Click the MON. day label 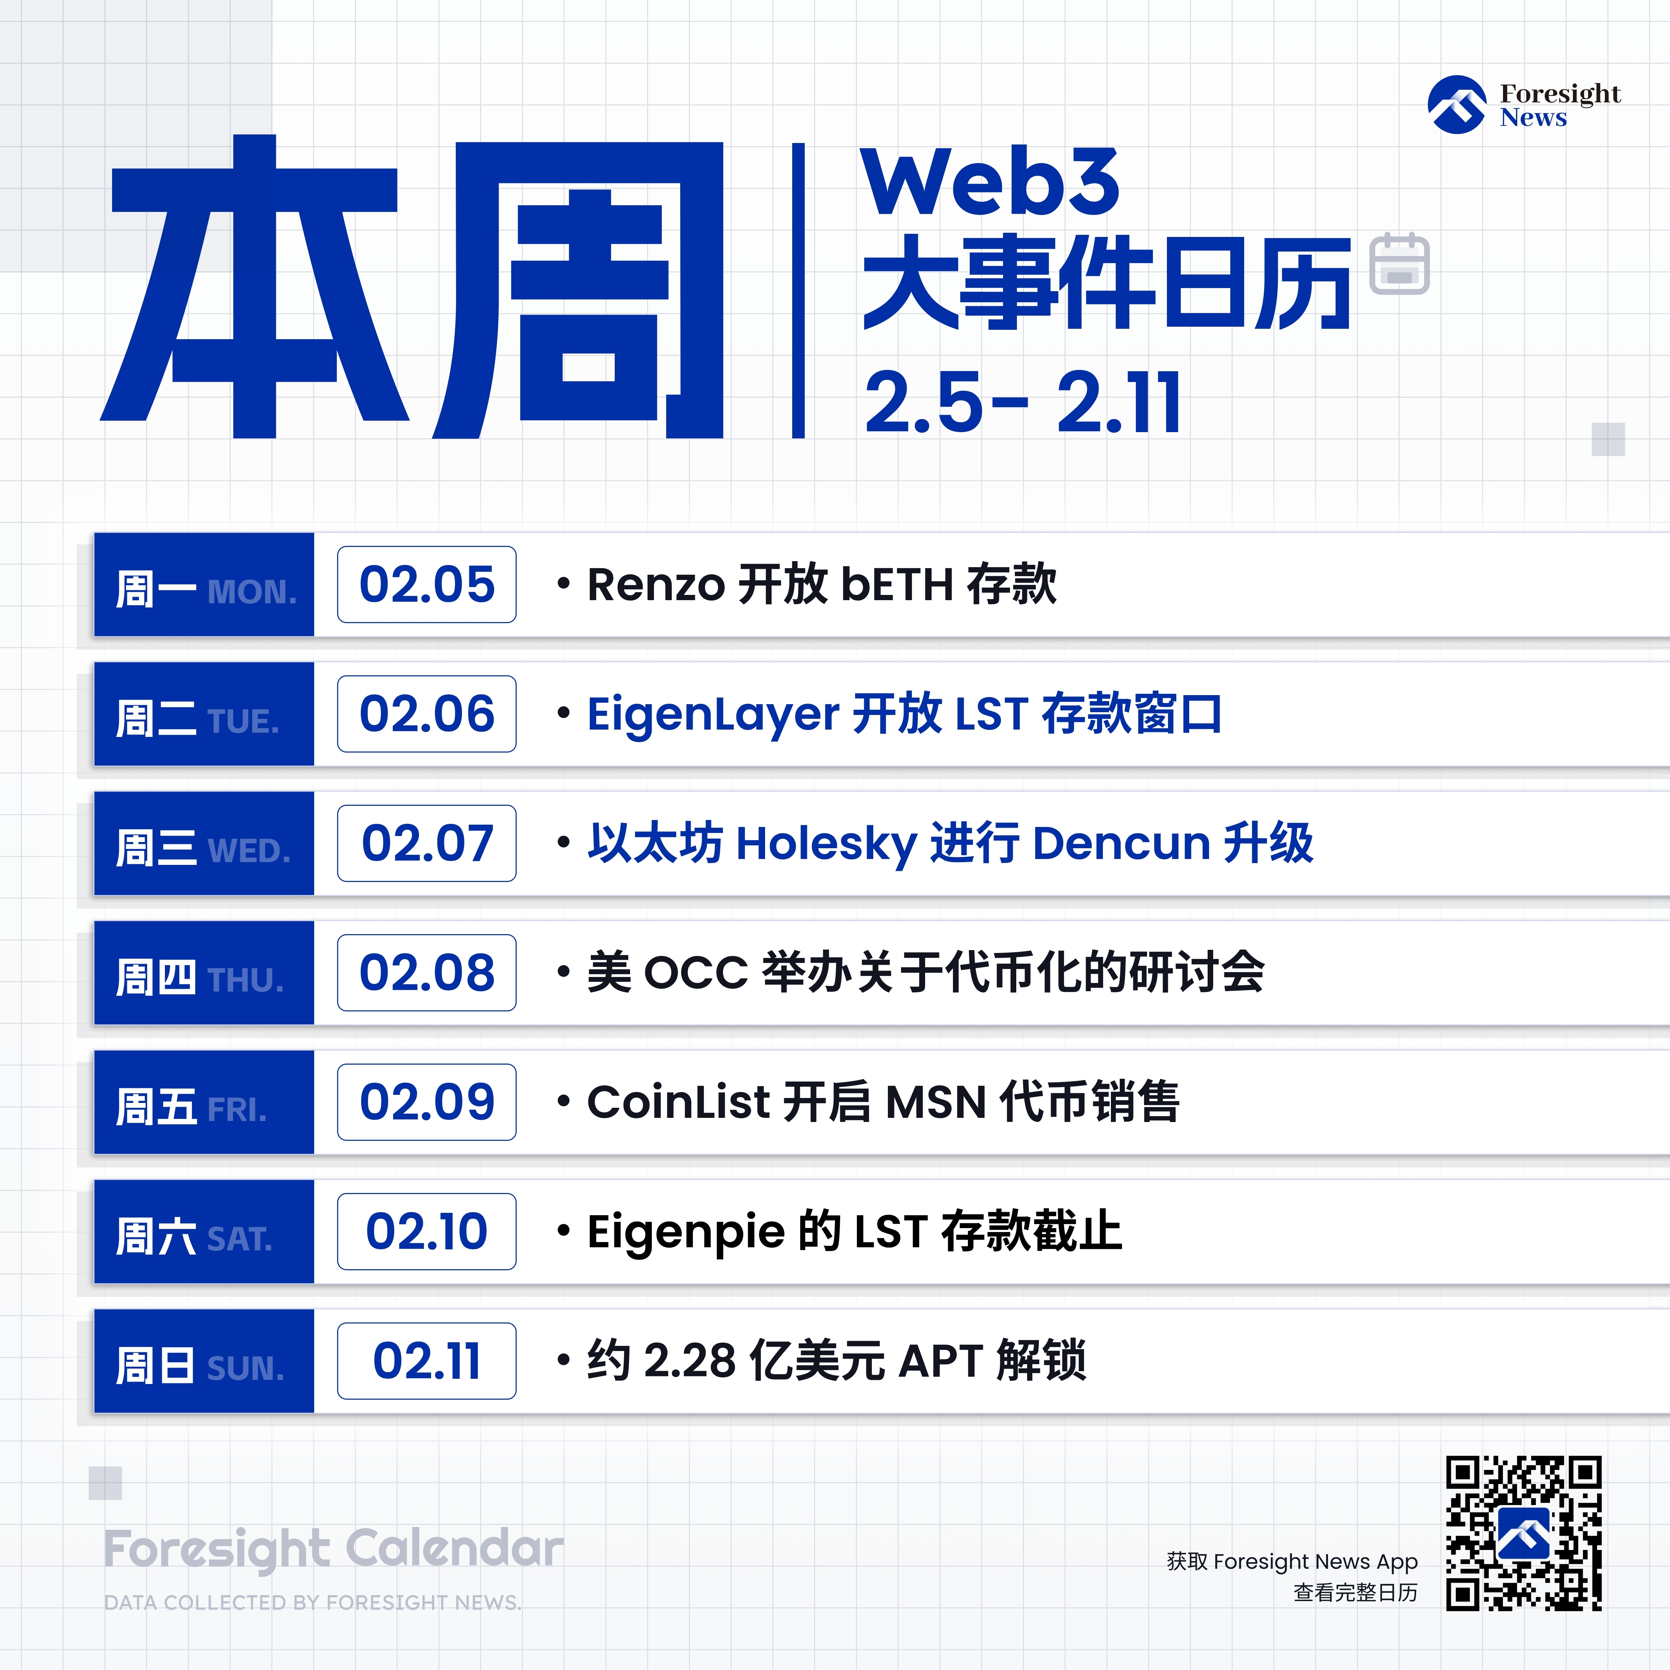(x=252, y=592)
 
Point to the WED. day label (x=249, y=851)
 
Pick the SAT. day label (x=239, y=1240)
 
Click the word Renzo (x=656, y=585)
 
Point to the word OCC (x=696, y=973)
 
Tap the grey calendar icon (x=1399, y=264)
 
